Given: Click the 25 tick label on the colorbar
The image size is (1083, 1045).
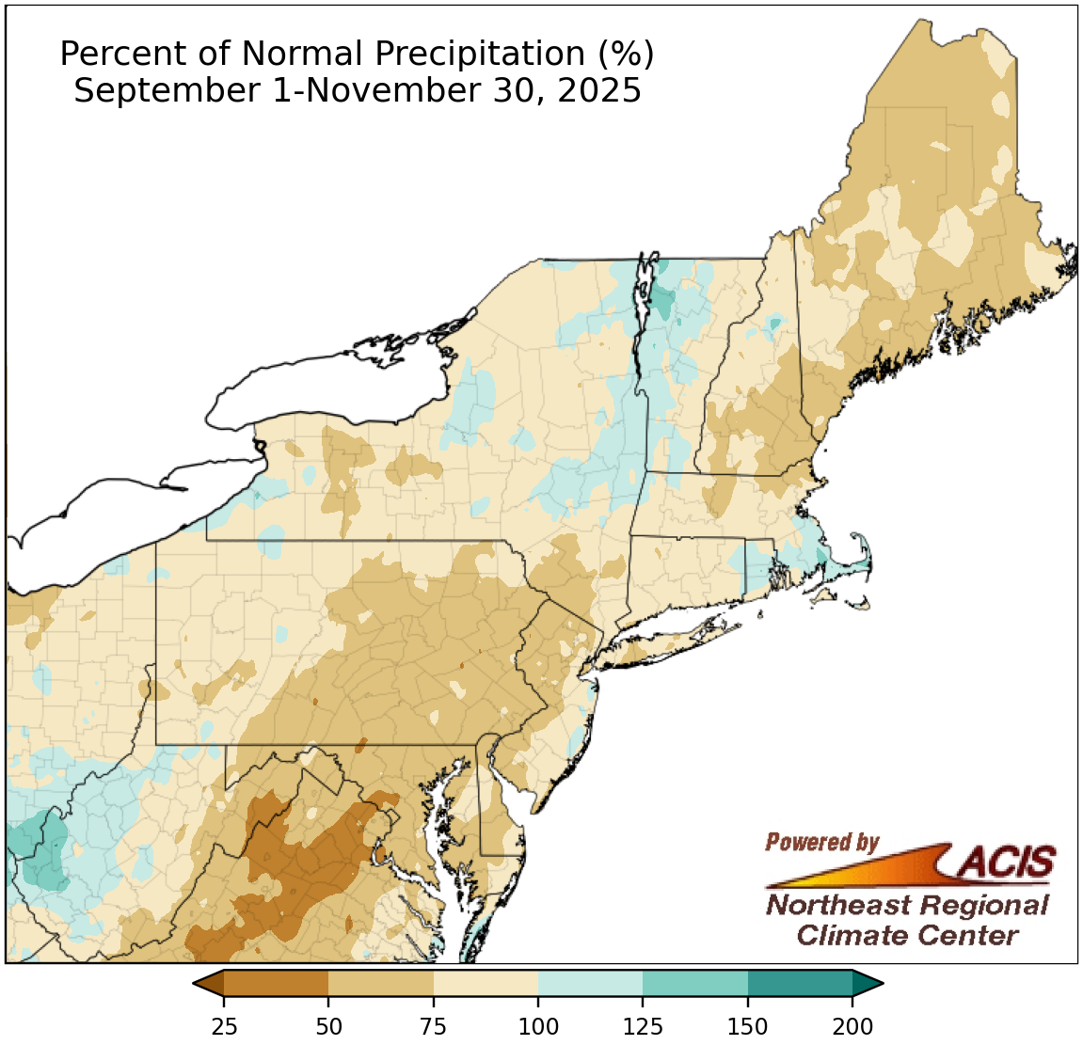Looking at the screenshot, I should tap(224, 1025).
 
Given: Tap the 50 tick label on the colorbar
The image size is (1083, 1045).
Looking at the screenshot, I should tap(328, 1025).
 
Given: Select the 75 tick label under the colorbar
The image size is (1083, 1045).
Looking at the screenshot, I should tap(434, 1025).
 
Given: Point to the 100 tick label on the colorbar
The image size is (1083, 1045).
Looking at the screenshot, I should tap(538, 1025).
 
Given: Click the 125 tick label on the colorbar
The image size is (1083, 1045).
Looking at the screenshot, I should tap(644, 1025).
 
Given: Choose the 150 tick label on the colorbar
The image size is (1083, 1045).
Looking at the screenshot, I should tap(748, 1025).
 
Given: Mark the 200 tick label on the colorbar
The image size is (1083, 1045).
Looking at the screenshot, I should tap(852, 1025).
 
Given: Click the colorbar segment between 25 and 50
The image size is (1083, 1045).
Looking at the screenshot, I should tap(276, 984).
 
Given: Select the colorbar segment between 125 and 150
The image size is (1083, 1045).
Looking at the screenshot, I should tap(695, 984).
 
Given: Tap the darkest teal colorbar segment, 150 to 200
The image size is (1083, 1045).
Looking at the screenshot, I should tap(800, 984).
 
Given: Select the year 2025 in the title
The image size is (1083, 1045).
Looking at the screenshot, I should tap(598, 91).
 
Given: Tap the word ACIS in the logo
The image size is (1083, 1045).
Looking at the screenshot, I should tap(1007, 861).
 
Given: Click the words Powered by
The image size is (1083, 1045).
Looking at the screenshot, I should tap(821, 842).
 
